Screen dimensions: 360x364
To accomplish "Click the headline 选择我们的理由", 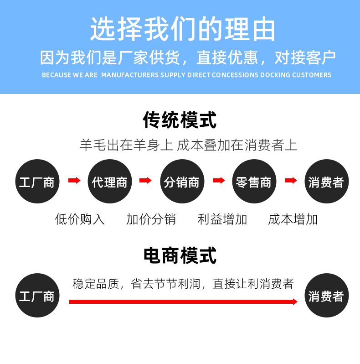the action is [182, 30].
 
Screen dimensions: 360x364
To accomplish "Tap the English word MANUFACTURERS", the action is [129, 75].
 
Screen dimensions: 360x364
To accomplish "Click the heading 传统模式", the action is [180, 120].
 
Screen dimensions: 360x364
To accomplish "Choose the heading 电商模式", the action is [180, 255].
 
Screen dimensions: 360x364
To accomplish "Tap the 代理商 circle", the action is [109, 182].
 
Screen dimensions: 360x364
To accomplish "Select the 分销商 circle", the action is [181, 182].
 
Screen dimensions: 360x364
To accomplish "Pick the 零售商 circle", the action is [253, 182].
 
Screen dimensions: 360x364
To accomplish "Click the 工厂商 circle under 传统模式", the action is [37, 182].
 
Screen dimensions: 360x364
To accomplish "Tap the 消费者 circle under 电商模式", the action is [326, 296].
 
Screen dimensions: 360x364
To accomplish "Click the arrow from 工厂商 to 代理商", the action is [74, 181].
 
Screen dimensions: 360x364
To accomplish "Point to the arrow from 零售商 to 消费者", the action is [290, 181].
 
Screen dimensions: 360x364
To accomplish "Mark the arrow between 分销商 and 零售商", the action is [219, 181].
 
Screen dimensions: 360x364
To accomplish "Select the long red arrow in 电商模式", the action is [182, 302].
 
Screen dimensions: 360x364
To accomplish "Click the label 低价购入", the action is [80, 219].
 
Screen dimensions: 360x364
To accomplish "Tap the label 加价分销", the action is [151, 219].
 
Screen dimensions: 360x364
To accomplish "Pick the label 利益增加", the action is [222, 219].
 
